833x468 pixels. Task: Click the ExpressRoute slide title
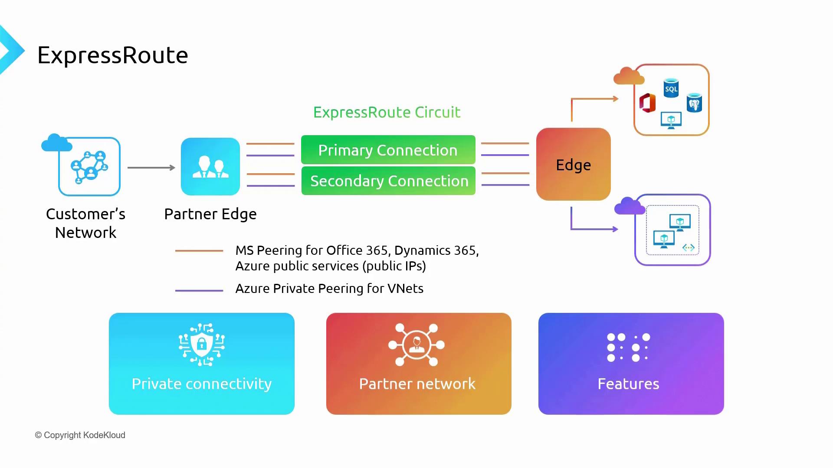click(x=112, y=55)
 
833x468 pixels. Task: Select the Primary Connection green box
click(x=388, y=150)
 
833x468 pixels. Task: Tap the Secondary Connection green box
click(x=389, y=181)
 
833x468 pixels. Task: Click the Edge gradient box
click(x=573, y=164)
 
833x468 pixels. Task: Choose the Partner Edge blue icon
click(x=210, y=167)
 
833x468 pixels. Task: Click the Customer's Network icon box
click(x=89, y=167)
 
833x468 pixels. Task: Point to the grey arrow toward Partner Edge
click(x=151, y=168)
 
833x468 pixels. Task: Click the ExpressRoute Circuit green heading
click(x=387, y=112)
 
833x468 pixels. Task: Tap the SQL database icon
click(x=671, y=88)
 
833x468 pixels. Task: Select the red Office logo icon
click(x=647, y=103)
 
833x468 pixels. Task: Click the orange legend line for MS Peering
click(x=199, y=251)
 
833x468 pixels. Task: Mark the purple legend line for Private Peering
click(x=199, y=291)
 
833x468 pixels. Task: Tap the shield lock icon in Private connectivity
click(x=202, y=344)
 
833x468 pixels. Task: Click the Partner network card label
click(x=417, y=384)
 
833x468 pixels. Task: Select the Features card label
click(x=628, y=384)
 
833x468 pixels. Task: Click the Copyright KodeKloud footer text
click(x=80, y=435)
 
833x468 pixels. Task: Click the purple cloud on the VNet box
click(x=630, y=206)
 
